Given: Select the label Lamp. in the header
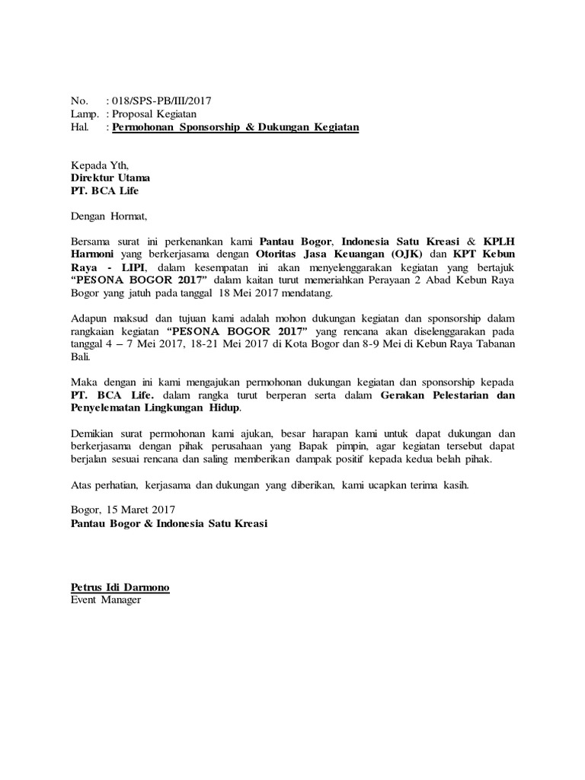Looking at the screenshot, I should click(85, 114).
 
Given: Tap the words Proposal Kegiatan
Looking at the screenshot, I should click(155, 114).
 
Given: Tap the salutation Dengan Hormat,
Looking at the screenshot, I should click(108, 216).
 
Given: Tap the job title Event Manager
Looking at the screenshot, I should click(106, 600).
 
